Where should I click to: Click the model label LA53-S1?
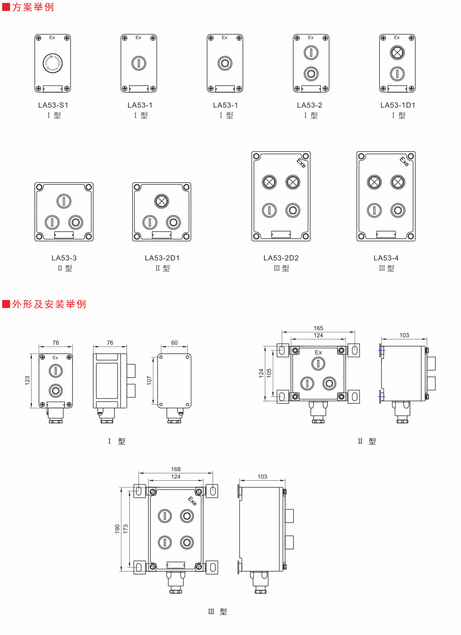pyautogui.click(x=53, y=105)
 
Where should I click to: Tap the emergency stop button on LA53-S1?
pyautogui.click(x=53, y=63)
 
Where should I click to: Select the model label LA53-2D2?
pyautogui.click(x=281, y=258)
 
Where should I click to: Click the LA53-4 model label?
pyautogui.click(x=386, y=258)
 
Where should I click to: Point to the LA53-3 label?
pyautogui.click(x=64, y=258)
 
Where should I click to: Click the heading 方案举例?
pyautogui.click(x=33, y=8)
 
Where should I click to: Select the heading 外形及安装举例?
pyautogui.click(x=49, y=304)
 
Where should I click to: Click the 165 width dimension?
pyautogui.click(x=318, y=328)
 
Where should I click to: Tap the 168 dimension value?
pyautogui.click(x=176, y=469)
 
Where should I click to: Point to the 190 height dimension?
pyautogui.click(x=118, y=529)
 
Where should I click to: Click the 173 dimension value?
pyautogui.click(x=126, y=529)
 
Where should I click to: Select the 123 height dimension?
pyautogui.click(x=27, y=380)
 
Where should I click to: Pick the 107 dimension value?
pyautogui.click(x=150, y=380)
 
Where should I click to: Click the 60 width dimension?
pyautogui.click(x=175, y=343)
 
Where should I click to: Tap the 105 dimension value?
pyautogui.click(x=269, y=373)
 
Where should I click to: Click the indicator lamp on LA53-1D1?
pyautogui.click(x=397, y=53)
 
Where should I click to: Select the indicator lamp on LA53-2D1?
pyautogui.click(x=161, y=201)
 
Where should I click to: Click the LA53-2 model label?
pyautogui.click(x=310, y=105)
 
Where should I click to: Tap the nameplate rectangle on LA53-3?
pyautogui.click(x=64, y=235)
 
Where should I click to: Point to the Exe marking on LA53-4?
pyautogui.click(x=404, y=161)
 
